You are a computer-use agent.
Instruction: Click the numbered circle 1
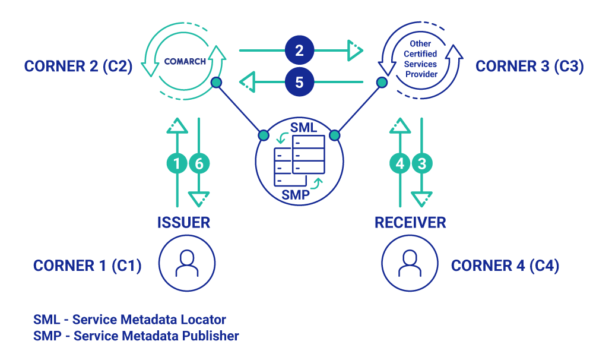pos(177,163)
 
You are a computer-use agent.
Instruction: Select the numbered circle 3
pos(421,163)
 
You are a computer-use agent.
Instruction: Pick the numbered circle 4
pos(400,163)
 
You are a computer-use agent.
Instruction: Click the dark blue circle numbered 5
pos(299,82)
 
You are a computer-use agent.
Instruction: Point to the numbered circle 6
pos(199,163)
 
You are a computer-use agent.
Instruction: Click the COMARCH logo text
pos(185,61)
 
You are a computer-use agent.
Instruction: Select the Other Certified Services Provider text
pos(421,59)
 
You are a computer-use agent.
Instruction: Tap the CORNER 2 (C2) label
pos(78,67)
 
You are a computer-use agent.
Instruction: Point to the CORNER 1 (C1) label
pos(87,266)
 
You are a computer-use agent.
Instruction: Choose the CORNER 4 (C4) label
pos(505,266)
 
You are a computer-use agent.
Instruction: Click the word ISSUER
pos(183,223)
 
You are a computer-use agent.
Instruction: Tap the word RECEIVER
pos(410,223)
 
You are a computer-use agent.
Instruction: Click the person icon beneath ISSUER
pos(187,262)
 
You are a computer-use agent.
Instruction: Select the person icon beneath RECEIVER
pos(410,262)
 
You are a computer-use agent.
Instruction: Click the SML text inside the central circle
pos(303,128)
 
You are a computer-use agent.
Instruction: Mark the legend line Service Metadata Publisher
pos(136,336)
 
